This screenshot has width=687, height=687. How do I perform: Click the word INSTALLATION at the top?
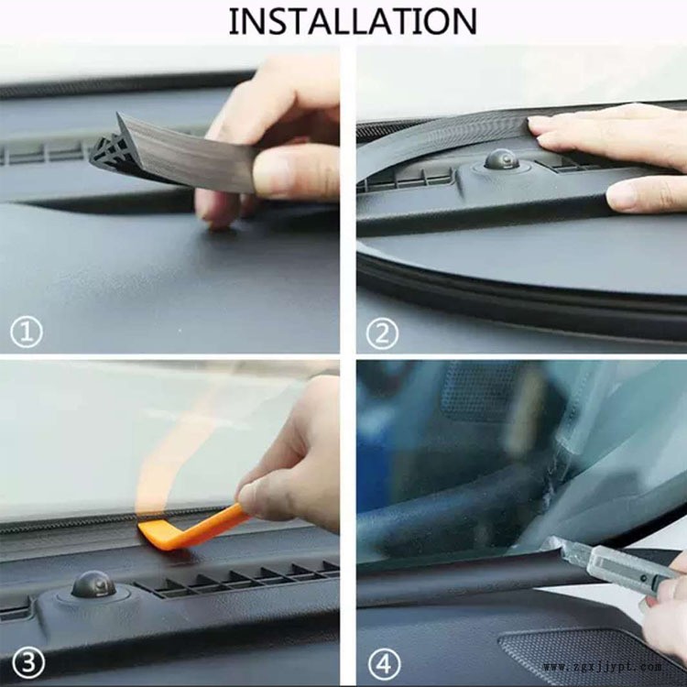point(353,21)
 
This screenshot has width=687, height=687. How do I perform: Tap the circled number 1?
point(27,332)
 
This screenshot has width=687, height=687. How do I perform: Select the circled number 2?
point(383,333)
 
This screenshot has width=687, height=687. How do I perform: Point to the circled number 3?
point(28,662)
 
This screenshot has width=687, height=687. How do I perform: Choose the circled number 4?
point(384,664)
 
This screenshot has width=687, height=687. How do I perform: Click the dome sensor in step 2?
point(501,159)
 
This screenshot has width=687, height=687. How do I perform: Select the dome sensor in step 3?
point(93,585)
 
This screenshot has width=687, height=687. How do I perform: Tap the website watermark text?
point(603,667)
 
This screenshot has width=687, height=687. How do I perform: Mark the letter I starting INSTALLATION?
point(233,21)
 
